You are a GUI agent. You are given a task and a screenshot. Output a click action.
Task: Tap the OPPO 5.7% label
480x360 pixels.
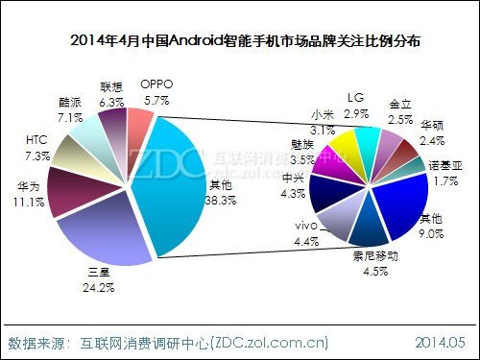click(156, 91)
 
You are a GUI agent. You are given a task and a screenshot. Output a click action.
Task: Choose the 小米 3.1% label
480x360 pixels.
click(322, 122)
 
